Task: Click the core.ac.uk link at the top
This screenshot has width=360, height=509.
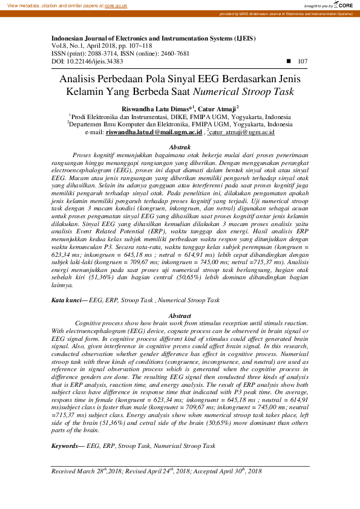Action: (115, 5)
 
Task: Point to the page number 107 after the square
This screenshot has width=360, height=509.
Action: (303, 62)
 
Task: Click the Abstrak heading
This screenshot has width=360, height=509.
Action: (180, 148)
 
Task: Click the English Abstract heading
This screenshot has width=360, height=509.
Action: (180, 316)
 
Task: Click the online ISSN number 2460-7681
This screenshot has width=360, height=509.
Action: (173, 53)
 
